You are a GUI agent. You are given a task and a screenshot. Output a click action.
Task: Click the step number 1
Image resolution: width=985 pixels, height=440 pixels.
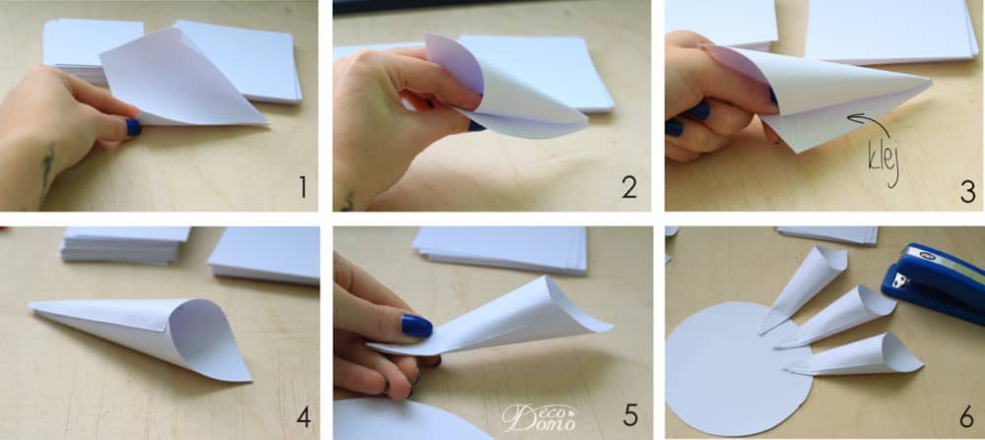tap(303, 187)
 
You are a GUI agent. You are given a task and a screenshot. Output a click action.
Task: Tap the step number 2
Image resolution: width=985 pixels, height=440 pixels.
tap(629, 187)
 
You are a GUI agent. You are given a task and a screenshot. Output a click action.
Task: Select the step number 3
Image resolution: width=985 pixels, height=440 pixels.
tap(968, 191)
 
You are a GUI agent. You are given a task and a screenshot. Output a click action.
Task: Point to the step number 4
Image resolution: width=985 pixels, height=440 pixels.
tap(303, 416)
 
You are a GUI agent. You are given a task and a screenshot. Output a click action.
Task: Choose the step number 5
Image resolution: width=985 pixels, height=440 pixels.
tap(630, 415)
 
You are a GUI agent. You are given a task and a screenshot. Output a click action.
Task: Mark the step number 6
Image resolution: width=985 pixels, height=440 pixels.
tap(968, 416)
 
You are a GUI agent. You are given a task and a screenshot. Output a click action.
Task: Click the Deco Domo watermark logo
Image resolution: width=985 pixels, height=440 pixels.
tap(539, 416)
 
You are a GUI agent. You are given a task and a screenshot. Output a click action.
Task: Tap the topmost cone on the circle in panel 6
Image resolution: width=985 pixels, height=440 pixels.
tap(802, 287)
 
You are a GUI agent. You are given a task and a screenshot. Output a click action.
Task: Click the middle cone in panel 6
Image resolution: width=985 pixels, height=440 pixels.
tap(835, 316)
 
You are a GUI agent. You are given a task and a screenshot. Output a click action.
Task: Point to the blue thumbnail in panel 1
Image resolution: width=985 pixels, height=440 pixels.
tap(133, 127)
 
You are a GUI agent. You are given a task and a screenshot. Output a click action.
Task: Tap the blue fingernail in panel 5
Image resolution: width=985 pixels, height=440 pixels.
tap(417, 327)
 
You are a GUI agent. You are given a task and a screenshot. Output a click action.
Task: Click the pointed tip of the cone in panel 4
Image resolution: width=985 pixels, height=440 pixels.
tap(30, 306)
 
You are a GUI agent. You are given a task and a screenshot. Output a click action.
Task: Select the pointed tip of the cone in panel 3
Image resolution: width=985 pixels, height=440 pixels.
tap(930, 81)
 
